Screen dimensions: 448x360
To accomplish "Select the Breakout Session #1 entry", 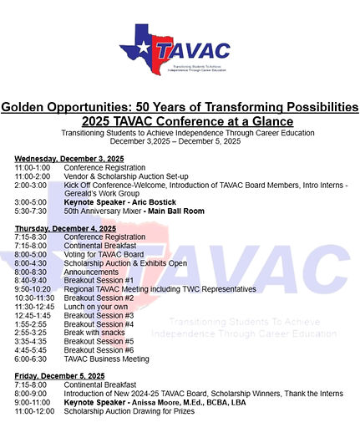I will point(99,280).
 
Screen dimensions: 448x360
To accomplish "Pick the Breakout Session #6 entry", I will point(99,349).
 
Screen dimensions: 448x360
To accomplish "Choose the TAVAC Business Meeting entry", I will point(107,359).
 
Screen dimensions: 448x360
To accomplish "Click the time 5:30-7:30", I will point(30,211).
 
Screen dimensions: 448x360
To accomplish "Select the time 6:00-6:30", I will point(30,359).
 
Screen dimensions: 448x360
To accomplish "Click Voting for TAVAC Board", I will point(104,254).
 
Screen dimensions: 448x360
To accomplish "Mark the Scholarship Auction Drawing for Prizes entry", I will point(129,411).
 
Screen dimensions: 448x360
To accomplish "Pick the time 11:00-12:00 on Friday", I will point(33,411).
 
